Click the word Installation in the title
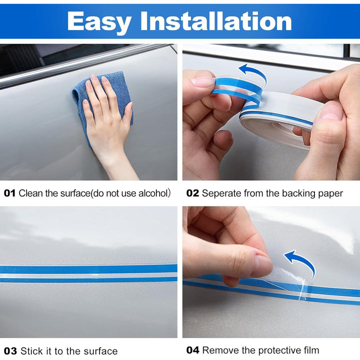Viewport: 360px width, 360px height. (x=216, y=21)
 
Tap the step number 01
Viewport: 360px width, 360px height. (x=9, y=193)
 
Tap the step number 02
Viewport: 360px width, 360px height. (x=192, y=193)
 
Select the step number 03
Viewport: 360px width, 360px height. (x=9, y=351)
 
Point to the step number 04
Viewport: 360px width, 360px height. (x=193, y=350)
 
